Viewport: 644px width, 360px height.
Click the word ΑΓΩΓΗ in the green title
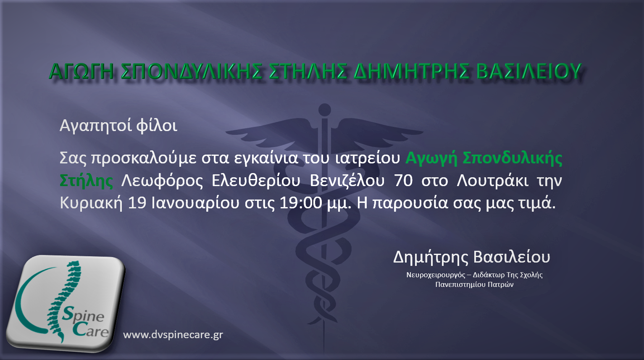[x=81, y=71]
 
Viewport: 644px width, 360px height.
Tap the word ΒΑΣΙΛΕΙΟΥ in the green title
[x=529, y=71]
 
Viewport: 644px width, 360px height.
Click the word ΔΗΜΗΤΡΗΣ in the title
[x=411, y=71]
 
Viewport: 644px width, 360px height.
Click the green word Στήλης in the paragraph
[x=86, y=181]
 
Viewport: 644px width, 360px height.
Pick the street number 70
[x=403, y=181]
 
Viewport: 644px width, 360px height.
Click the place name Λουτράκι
[x=492, y=181]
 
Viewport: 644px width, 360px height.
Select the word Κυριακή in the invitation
[x=91, y=203]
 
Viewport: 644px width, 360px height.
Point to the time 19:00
[x=301, y=203]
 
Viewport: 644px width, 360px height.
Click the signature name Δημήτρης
[x=431, y=258]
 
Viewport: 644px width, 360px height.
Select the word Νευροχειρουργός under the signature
[x=436, y=275]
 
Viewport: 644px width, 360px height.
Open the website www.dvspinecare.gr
[x=173, y=335]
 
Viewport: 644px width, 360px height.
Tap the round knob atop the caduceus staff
[x=325, y=110]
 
